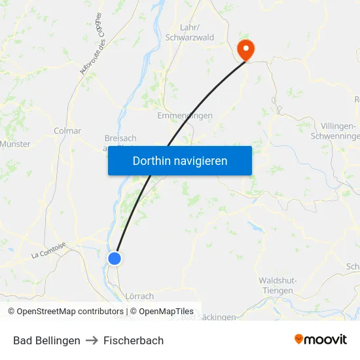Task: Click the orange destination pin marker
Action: [x=246, y=48]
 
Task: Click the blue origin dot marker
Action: [x=115, y=259]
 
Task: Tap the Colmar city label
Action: [x=67, y=131]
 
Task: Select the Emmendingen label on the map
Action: [x=185, y=116]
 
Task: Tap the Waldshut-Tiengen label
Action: [x=278, y=285]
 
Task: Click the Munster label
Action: [x=14, y=144]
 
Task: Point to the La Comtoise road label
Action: [x=48, y=251]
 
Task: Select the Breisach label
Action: [x=120, y=139]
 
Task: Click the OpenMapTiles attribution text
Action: [x=166, y=312]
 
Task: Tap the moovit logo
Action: [x=321, y=339]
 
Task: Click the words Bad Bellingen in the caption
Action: [x=46, y=340]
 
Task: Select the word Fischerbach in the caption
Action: [x=133, y=340]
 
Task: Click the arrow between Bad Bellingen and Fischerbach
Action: [x=91, y=340]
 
